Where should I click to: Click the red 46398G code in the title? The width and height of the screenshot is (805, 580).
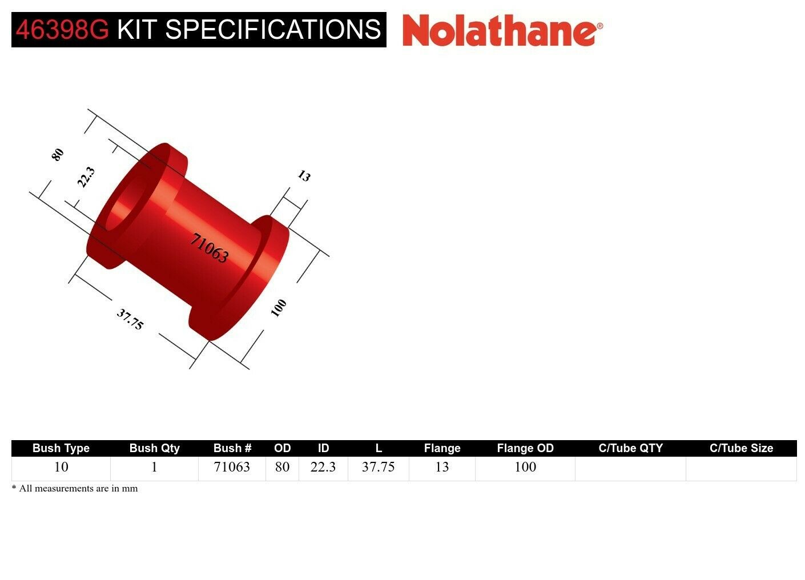point(62,30)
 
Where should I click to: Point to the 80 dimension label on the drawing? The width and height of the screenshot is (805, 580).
point(58,154)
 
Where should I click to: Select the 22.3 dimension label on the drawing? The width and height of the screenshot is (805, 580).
point(86,177)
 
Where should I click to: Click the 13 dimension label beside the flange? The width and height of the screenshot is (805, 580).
point(304,176)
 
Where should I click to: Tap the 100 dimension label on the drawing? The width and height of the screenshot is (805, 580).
point(279,308)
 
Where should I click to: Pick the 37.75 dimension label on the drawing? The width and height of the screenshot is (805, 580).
point(130,319)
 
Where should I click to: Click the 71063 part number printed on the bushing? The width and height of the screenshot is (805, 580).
point(209,248)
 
